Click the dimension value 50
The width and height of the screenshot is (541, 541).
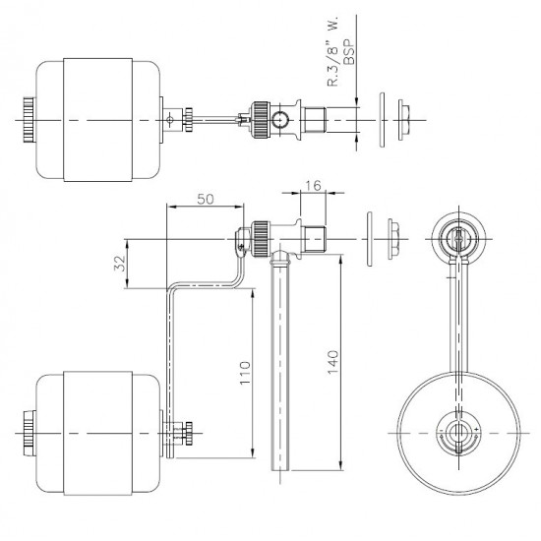[206, 199]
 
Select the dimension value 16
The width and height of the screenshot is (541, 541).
[313, 186]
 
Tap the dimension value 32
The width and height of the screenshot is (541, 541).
[120, 264]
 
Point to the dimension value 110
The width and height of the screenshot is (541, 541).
[245, 374]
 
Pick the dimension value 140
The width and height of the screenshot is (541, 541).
[332, 362]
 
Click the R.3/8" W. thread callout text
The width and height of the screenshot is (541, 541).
[332, 51]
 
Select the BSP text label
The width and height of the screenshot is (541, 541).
[349, 52]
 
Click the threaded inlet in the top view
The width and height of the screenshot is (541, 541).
[314, 120]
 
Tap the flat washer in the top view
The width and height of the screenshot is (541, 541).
[382, 120]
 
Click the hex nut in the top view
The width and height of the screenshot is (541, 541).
[403, 120]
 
